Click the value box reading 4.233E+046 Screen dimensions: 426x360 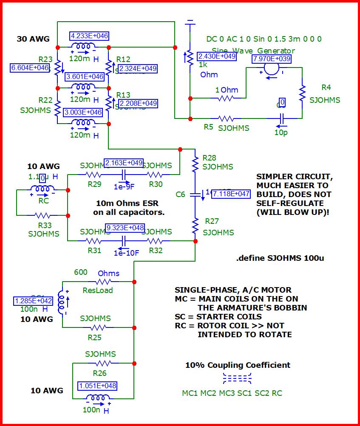[89, 36]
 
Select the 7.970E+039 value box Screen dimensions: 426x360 [272, 59]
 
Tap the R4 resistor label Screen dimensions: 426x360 [326, 87]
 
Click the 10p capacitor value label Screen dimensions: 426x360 [281, 132]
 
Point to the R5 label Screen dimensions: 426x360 [208, 127]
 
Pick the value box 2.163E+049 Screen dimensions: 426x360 [124, 163]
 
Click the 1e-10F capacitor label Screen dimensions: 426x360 [127, 253]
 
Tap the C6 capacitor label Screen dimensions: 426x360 [181, 194]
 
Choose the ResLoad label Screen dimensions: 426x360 [98, 291]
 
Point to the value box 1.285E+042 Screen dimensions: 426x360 [34, 301]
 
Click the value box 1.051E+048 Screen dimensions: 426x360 [97, 386]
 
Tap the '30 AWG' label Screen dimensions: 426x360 [33, 39]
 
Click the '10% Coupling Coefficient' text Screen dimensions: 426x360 [238, 365]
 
